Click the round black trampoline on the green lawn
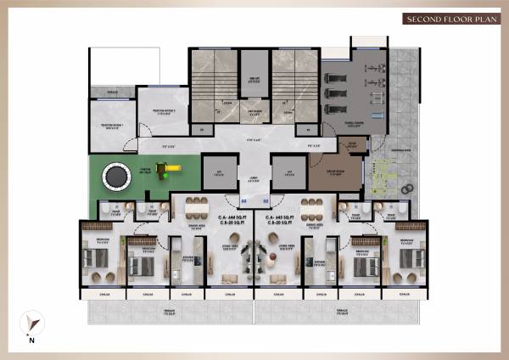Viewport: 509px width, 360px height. (114, 177)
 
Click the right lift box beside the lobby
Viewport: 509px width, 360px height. (288, 173)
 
